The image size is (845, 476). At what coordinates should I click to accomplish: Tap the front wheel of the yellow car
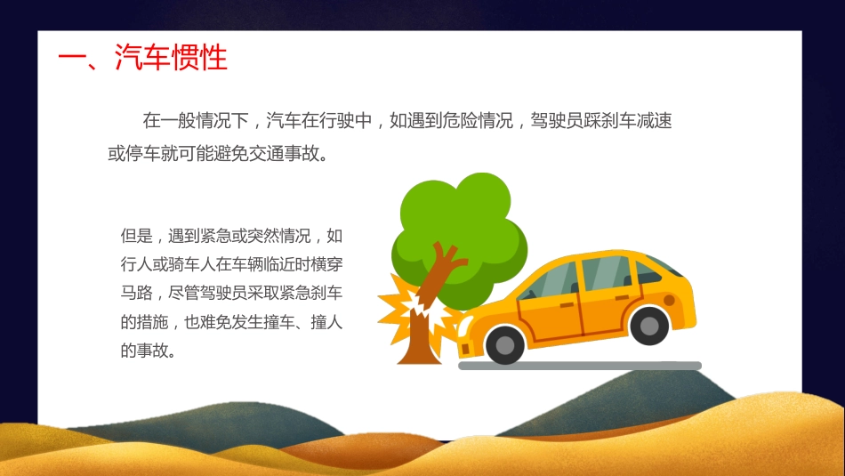pos(505,343)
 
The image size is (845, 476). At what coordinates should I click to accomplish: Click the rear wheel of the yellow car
pos(648,325)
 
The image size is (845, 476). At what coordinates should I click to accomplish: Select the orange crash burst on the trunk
pos(410,308)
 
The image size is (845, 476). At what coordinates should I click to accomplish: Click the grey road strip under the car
pos(579,366)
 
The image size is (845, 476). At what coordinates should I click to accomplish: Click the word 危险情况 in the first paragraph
pos(476,121)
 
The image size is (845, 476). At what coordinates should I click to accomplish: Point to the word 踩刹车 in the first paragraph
pos(600,121)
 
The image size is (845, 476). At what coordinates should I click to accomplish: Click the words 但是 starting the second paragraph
pos(136,237)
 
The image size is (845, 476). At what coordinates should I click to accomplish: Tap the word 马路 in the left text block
pos(136,294)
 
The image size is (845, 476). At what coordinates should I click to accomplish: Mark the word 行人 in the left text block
pos(136,265)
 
